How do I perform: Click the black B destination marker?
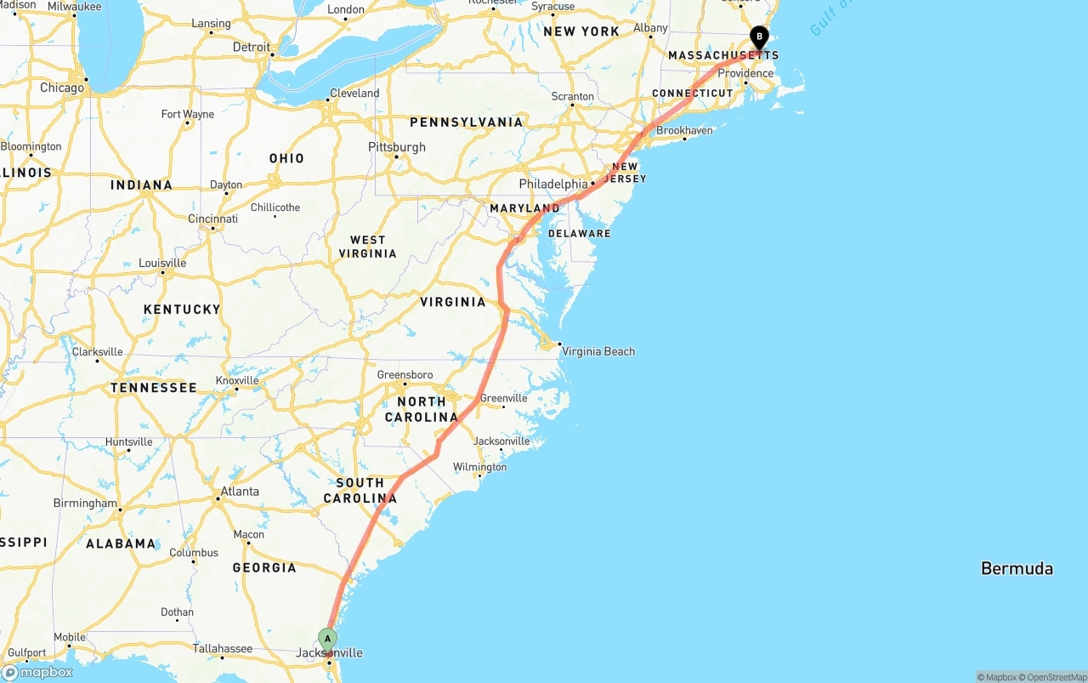pos(759,37)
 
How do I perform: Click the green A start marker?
pos(327,639)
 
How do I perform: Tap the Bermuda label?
pos(1017,568)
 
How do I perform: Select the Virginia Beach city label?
pos(598,351)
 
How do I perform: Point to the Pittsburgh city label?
pos(396,147)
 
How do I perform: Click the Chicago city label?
pos(62,88)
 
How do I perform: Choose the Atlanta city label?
pos(240,491)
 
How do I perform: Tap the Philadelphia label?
pos(553,184)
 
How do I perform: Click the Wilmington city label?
pos(479,467)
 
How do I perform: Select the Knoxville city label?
pos(237,380)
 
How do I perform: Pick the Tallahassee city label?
pos(222,648)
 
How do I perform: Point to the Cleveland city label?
pos(354,93)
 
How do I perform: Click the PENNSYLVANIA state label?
pos(466,122)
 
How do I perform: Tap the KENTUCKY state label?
pos(182,309)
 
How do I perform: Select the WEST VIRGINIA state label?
pos(367,247)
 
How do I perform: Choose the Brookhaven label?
pos(684,130)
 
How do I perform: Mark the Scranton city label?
pos(573,96)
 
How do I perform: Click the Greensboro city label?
pos(405,374)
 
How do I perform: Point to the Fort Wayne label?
pos(188,114)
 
